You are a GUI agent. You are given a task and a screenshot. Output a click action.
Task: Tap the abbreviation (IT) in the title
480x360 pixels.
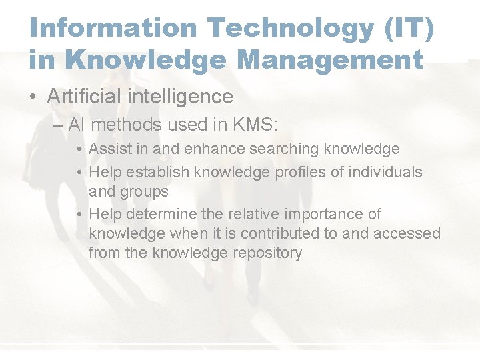coord(411,29)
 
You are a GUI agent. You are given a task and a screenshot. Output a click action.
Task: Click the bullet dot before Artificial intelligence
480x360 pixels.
coord(33,97)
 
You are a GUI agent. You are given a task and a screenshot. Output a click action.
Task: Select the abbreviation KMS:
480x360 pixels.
coord(261,124)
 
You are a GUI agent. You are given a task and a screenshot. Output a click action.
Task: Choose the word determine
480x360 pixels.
coord(159,214)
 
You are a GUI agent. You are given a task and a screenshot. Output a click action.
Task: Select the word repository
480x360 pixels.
coord(265,253)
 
